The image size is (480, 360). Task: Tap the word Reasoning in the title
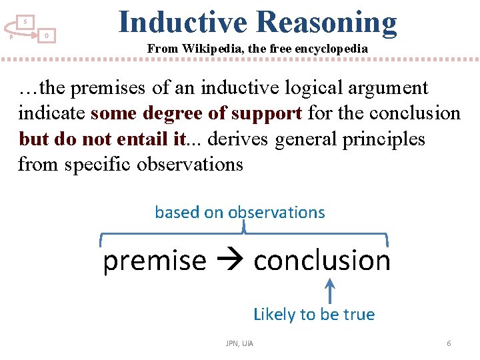pos(326,22)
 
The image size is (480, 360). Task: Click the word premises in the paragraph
pos(109,87)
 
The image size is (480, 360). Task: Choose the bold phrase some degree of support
pos(196,113)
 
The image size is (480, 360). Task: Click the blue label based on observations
pos(240,213)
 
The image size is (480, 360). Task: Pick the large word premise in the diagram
pos(155,260)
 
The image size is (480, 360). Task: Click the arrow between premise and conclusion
pos(230,261)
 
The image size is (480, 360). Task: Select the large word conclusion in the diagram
pos(322,260)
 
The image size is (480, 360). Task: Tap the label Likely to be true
pos(314,314)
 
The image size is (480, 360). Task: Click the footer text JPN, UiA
pos(239,343)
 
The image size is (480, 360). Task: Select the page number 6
pos(449,343)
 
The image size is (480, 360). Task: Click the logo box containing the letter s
pos(25,22)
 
